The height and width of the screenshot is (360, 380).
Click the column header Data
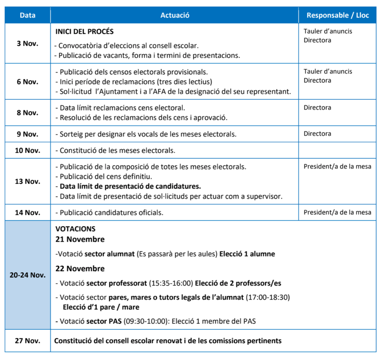pyautogui.click(x=27, y=15)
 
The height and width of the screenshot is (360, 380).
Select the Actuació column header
pyautogui.click(x=175, y=15)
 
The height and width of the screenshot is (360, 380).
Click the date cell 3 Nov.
pyautogui.click(x=27, y=43)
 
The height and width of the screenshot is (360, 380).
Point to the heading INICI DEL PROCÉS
pyautogui.click(x=84, y=32)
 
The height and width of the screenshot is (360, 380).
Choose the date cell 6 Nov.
pyautogui.click(x=27, y=82)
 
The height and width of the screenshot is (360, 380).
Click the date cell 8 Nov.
pyautogui.click(x=27, y=113)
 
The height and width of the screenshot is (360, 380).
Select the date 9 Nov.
pyautogui.click(x=27, y=134)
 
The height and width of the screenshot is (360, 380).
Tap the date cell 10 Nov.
pyautogui.click(x=27, y=150)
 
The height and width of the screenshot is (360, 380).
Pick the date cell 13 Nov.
pyautogui.click(x=27, y=181)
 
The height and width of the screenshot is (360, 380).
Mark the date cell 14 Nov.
pyautogui.click(x=27, y=213)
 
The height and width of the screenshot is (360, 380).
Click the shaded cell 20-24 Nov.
pyautogui.click(x=27, y=275)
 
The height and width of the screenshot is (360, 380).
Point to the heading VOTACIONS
pyautogui.click(x=75, y=229)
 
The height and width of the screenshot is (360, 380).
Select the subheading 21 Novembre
pyautogui.click(x=80, y=239)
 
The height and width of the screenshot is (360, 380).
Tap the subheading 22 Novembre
pyautogui.click(x=80, y=269)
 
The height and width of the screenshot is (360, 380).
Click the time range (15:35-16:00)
pyautogui.click(x=171, y=283)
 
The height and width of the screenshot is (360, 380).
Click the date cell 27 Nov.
pyautogui.click(x=27, y=340)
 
